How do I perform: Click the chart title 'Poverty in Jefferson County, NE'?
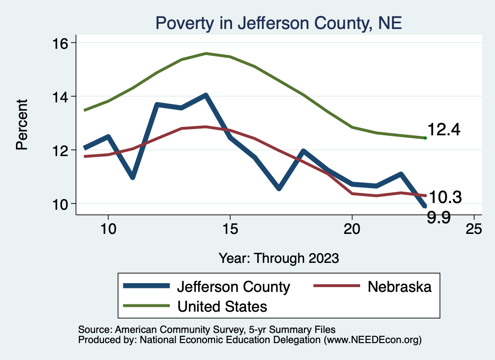coord(278,23)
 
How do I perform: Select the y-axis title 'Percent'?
coord(22,124)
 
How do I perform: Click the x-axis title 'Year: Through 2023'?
coord(278,258)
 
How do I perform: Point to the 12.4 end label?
coord(444,130)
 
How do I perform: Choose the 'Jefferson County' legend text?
coord(233,287)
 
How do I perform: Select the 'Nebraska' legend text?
coord(399,287)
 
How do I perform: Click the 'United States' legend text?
coord(222,306)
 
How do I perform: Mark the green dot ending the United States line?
coord(425,138)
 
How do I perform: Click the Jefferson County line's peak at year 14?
coord(205,96)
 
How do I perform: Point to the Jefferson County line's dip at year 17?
coord(279,188)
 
